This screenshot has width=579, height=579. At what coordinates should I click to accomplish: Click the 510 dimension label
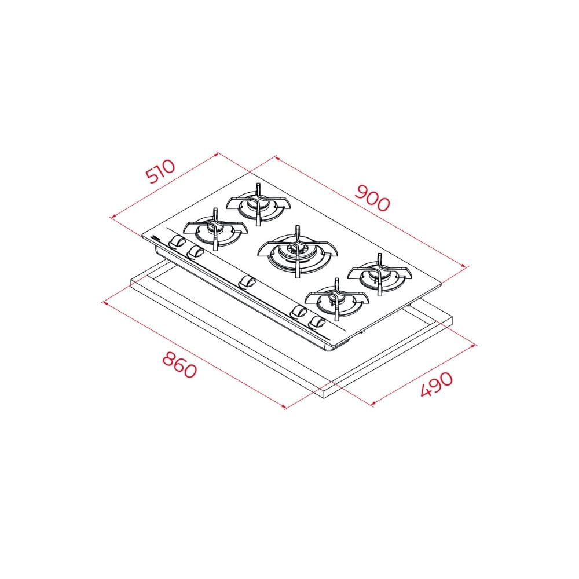pyautogui.click(x=160, y=172)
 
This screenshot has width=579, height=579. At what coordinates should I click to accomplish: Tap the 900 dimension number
pyautogui.click(x=372, y=198)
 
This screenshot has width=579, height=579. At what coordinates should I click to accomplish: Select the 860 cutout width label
pyautogui.click(x=179, y=364)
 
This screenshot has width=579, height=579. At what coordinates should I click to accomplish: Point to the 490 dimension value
pyautogui.click(x=437, y=384)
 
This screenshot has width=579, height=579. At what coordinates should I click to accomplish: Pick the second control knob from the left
pyautogui.click(x=195, y=252)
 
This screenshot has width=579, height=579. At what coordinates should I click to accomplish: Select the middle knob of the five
pyautogui.click(x=246, y=283)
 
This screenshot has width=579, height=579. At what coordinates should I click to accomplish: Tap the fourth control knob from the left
pyautogui.click(x=298, y=312)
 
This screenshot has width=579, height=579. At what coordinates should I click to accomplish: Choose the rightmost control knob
pyautogui.click(x=316, y=323)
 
